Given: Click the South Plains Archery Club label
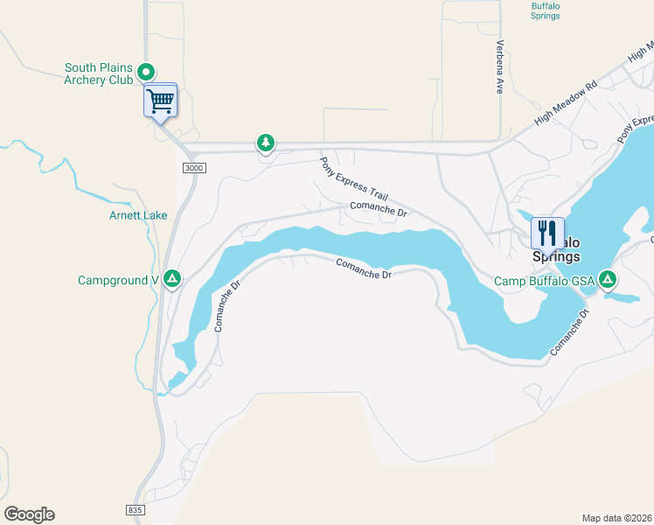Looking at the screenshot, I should click(98, 73).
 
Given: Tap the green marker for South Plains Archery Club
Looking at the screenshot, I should click(147, 72).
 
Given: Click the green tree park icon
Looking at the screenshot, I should click(265, 142).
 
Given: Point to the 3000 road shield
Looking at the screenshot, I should click(193, 167).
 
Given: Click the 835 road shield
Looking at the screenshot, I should click(134, 509).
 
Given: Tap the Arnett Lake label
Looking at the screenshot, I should click(137, 215).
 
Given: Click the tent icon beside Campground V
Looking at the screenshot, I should click(173, 279).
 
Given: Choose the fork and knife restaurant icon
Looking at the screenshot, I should click(548, 233).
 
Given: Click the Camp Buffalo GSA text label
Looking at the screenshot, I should click(544, 281).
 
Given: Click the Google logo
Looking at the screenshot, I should click(29, 514).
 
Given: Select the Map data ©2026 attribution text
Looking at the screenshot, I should click(617, 517).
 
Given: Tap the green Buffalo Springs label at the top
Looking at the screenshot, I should click(546, 10).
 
